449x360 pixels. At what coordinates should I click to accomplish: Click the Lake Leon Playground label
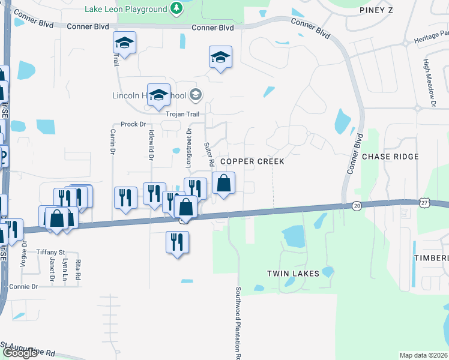[x=134, y=9]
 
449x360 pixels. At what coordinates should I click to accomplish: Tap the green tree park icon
[x=176, y=8]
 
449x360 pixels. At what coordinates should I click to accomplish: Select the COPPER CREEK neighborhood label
[x=252, y=162]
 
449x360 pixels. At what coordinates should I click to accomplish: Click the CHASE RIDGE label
[x=390, y=157]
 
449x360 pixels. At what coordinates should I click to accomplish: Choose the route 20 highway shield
[x=357, y=206]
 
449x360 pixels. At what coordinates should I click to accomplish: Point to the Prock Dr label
[x=133, y=124]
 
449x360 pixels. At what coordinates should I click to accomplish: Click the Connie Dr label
[x=22, y=287]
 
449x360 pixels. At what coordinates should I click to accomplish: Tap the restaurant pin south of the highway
[x=176, y=242]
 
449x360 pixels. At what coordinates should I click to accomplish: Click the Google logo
[x=20, y=353]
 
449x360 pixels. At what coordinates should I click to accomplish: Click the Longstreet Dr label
[x=188, y=147]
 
